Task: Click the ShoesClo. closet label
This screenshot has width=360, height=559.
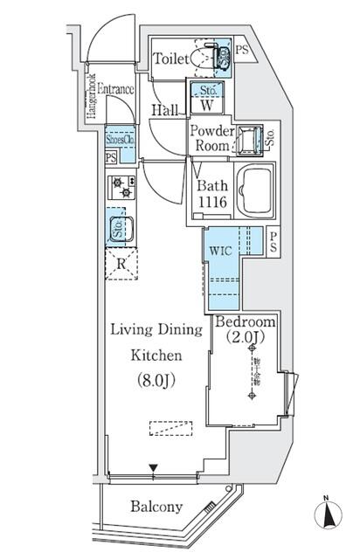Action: tap(120, 138)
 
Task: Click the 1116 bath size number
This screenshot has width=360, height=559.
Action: tap(212, 202)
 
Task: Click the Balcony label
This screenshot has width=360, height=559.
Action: tap(156, 507)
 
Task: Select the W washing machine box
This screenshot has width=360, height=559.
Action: tap(207, 106)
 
